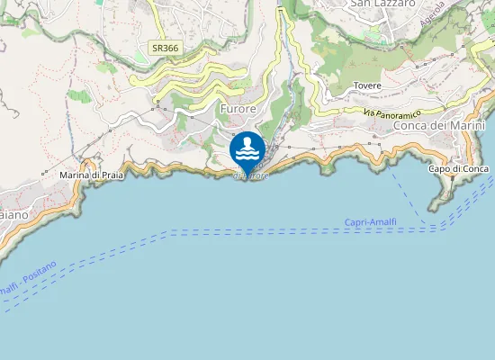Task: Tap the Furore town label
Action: coord(238,108)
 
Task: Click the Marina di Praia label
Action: coord(90,175)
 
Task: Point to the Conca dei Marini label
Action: coord(440,125)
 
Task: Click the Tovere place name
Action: coord(367,85)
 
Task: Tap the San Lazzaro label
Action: coord(382,4)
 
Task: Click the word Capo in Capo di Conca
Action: coord(437,169)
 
